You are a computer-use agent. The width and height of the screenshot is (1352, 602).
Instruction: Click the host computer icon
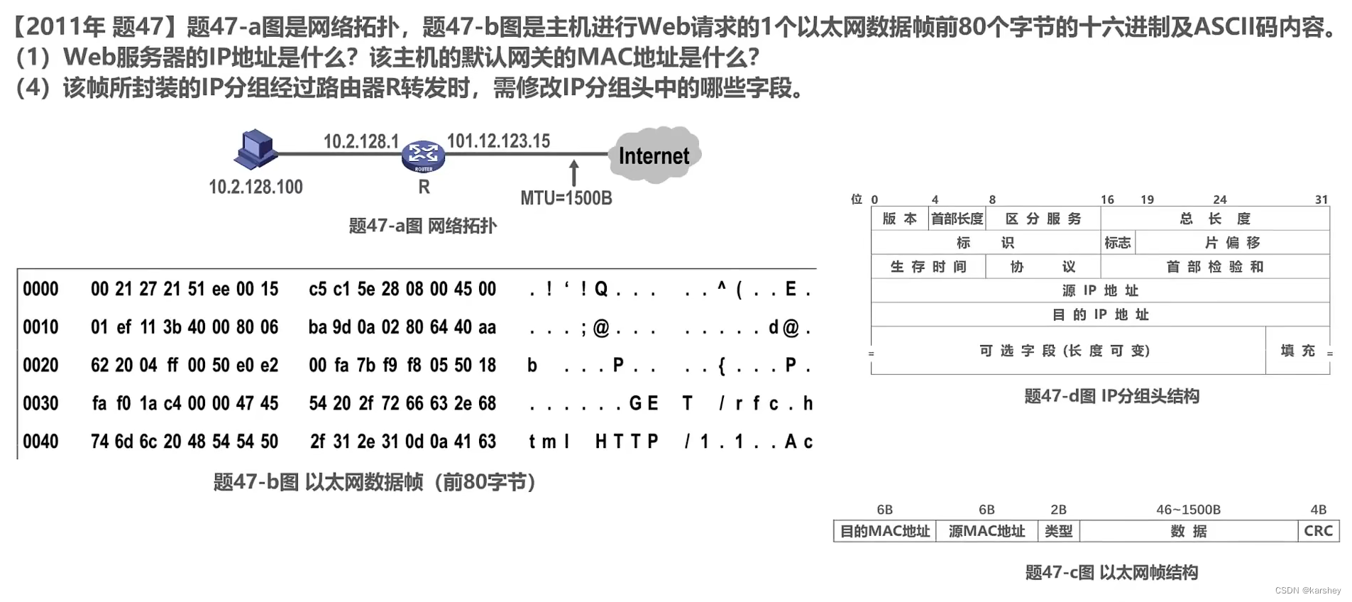pyautogui.click(x=255, y=149)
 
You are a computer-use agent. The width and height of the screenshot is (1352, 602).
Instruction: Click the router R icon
pyautogui.click(x=423, y=156)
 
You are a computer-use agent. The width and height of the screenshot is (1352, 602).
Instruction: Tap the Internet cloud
pyautogui.click(x=654, y=155)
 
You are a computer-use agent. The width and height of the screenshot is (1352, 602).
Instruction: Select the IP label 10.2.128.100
pyautogui.click(x=255, y=187)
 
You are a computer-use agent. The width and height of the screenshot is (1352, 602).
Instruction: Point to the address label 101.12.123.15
pyautogui.click(x=498, y=141)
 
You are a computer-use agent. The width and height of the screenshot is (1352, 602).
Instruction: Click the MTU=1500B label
pyautogui.click(x=566, y=198)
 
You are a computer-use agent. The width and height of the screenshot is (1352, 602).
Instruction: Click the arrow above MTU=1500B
pyautogui.click(x=574, y=173)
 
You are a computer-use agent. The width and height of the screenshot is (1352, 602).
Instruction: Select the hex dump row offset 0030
pyautogui.click(x=40, y=403)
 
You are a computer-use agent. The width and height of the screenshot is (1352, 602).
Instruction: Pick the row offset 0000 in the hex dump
pyautogui.click(x=40, y=289)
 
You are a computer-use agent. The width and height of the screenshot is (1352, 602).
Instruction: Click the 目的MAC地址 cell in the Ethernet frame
pyautogui.click(x=885, y=531)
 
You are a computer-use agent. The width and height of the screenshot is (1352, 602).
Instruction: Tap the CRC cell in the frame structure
pyautogui.click(x=1318, y=531)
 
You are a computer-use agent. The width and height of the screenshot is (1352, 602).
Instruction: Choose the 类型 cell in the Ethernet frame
pyautogui.click(x=1058, y=531)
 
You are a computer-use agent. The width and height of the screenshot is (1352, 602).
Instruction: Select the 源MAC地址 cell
pyautogui.click(x=986, y=531)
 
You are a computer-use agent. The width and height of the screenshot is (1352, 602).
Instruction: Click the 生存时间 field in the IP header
pyautogui.click(x=928, y=267)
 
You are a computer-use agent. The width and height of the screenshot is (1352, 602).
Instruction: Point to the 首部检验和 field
pyautogui.click(x=1215, y=267)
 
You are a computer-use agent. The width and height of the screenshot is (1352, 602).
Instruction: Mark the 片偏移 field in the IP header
pyautogui.click(x=1233, y=243)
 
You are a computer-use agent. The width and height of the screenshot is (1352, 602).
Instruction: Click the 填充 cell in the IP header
pyautogui.click(x=1297, y=351)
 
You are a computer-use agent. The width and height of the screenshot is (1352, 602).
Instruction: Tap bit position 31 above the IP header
pyautogui.click(x=1321, y=199)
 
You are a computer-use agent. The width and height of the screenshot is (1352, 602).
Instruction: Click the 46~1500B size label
pyautogui.click(x=1188, y=510)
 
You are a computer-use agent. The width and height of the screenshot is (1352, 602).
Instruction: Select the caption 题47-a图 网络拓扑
pyautogui.click(x=423, y=226)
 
